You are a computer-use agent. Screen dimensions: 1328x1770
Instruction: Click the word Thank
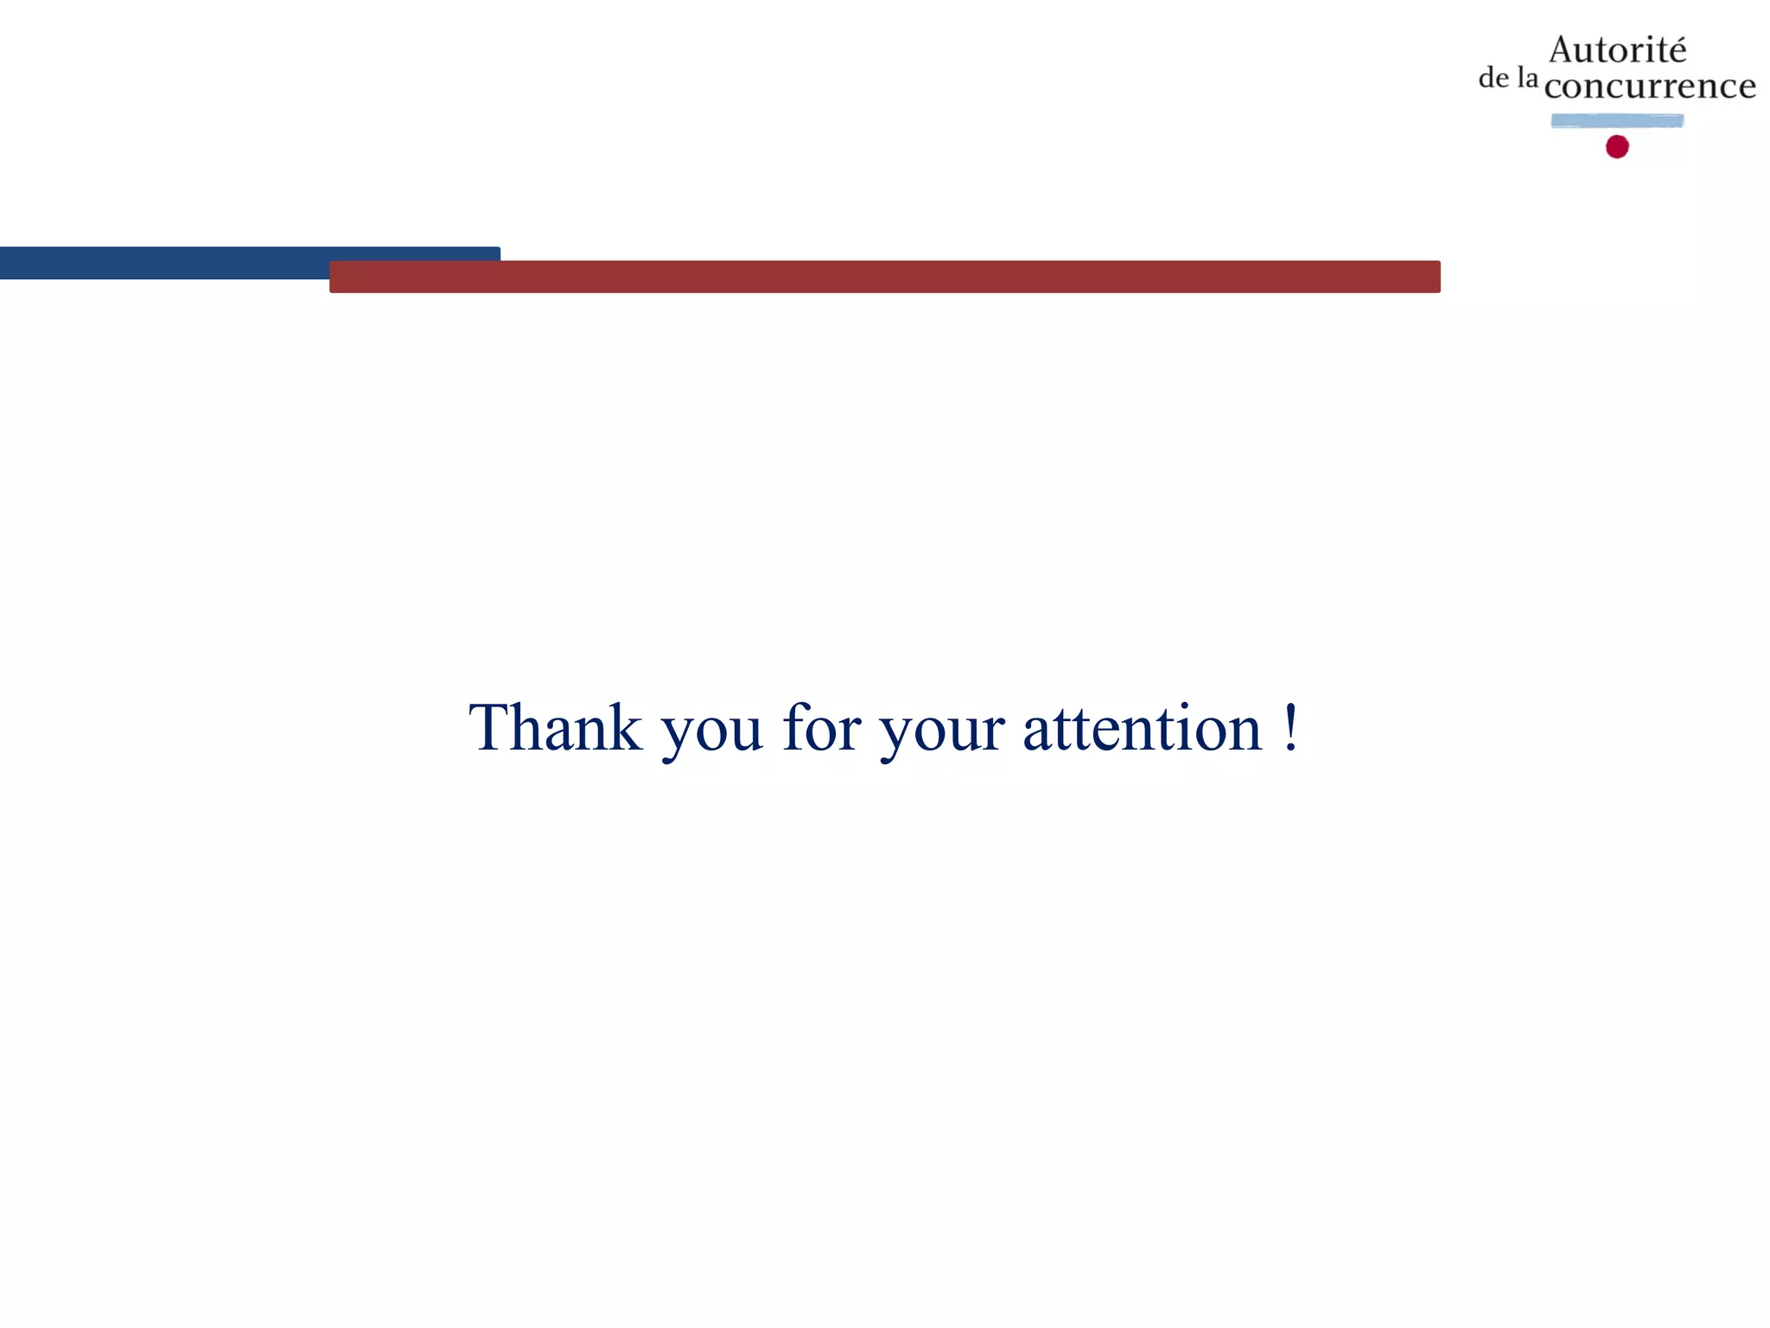555,728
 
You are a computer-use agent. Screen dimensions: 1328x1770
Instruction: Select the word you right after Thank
712,733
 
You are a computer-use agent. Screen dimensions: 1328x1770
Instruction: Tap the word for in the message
821,728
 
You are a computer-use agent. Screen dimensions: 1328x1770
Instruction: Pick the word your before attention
942,733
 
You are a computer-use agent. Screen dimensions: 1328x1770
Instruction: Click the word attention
1143,728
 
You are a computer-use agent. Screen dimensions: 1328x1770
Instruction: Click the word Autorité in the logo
1617,50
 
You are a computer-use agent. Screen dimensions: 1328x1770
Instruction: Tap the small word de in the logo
1493,79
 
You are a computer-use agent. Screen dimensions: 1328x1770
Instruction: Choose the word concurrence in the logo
1650,86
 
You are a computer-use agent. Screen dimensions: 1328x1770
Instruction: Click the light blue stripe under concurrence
1617,121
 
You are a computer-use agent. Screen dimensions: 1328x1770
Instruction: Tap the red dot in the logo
1617,147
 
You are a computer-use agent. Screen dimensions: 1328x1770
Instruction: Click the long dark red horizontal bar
884,277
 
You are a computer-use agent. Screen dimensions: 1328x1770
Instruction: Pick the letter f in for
795,726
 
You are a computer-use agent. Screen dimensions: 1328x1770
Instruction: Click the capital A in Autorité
1565,50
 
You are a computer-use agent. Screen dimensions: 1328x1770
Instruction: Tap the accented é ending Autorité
1676,51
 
